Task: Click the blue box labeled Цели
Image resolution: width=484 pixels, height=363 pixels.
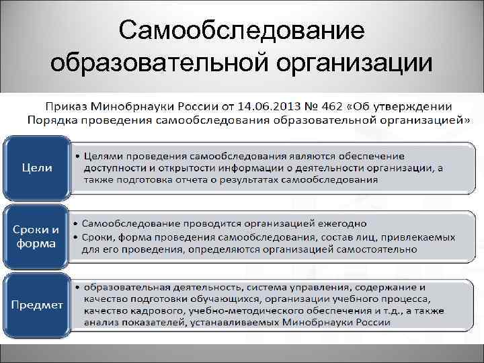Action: pyautogui.click(x=36, y=167)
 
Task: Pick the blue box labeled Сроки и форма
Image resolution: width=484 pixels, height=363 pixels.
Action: pyautogui.click(x=36, y=236)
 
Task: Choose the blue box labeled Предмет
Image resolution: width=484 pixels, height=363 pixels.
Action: pyautogui.click(x=36, y=305)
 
